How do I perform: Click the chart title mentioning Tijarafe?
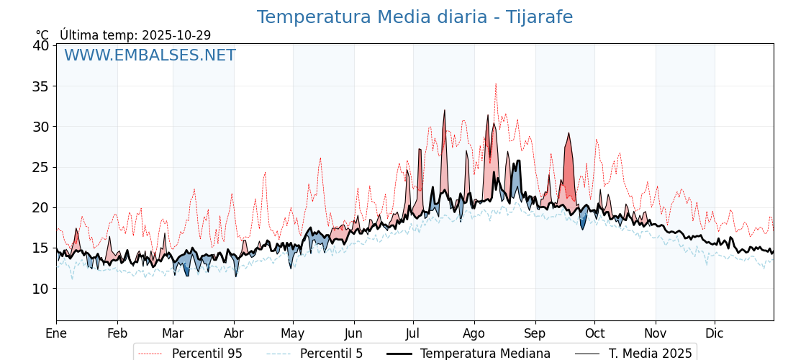click(415, 17)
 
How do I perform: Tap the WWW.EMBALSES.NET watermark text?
click(150, 55)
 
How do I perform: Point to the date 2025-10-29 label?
click(176, 35)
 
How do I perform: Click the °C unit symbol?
click(42, 35)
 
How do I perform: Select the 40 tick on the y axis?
click(41, 45)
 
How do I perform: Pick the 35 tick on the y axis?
click(41, 86)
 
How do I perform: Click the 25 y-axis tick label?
click(41, 167)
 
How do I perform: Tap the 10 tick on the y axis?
click(41, 289)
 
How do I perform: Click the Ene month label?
click(56, 333)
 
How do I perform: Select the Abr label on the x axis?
click(234, 333)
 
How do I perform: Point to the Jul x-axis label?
click(413, 333)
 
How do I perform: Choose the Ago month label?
click(474, 333)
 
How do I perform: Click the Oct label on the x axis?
click(594, 333)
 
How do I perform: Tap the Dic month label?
click(715, 333)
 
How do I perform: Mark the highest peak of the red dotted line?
click(495, 84)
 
